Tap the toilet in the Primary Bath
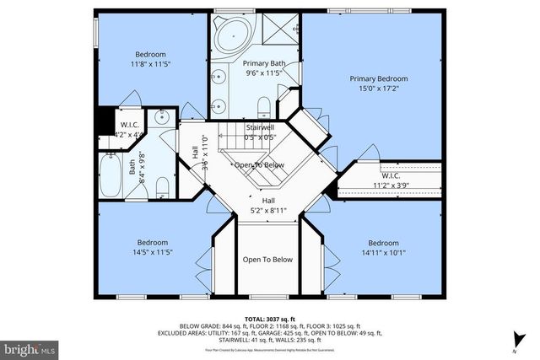[263, 105]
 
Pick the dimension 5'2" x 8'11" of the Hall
[267, 212]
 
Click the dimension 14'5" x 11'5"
[152, 252]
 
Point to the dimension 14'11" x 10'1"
[383, 252]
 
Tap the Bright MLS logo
[30, 347]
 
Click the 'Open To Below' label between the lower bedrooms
[267, 260]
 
